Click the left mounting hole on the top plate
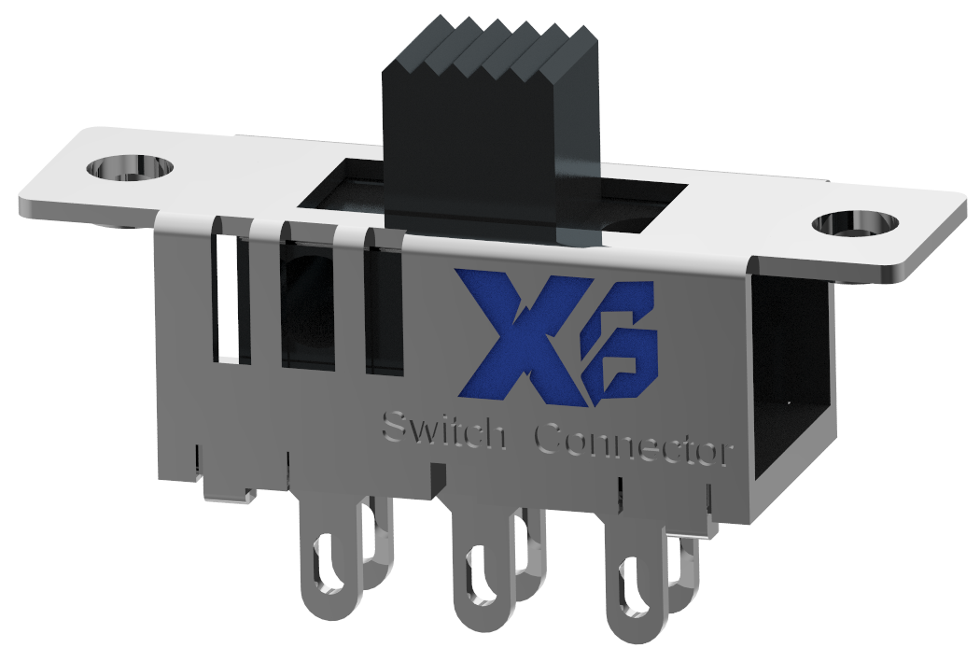pyautogui.click(x=131, y=169)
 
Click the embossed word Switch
pyautogui.click(x=444, y=433)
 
